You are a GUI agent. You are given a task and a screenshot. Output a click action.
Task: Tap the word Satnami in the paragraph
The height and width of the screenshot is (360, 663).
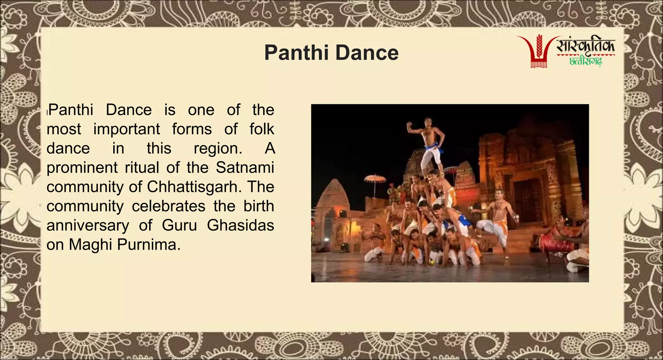(x=245, y=167)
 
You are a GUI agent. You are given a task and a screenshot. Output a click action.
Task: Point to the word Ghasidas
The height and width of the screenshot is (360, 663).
(x=240, y=225)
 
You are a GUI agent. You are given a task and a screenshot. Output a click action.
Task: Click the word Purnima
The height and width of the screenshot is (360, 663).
(x=149, y=245)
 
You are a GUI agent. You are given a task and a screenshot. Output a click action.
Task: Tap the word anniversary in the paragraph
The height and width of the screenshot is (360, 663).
(x=87, y=226)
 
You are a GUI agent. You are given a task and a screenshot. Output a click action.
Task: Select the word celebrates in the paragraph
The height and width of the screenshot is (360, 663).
(x=168, y=206)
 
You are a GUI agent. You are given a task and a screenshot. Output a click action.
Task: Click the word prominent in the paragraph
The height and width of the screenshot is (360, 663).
(x=82, y=168)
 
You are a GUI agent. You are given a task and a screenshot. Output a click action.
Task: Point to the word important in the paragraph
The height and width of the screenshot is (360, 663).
(x=127, y=129)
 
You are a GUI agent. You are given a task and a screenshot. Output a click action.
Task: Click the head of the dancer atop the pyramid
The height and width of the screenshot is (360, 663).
(x=428, y=122)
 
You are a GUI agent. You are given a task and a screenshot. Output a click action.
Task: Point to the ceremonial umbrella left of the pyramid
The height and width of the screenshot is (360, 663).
(x=375, y=178)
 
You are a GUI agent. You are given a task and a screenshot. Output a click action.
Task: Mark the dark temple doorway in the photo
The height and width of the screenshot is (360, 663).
(x=526, y=201)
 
